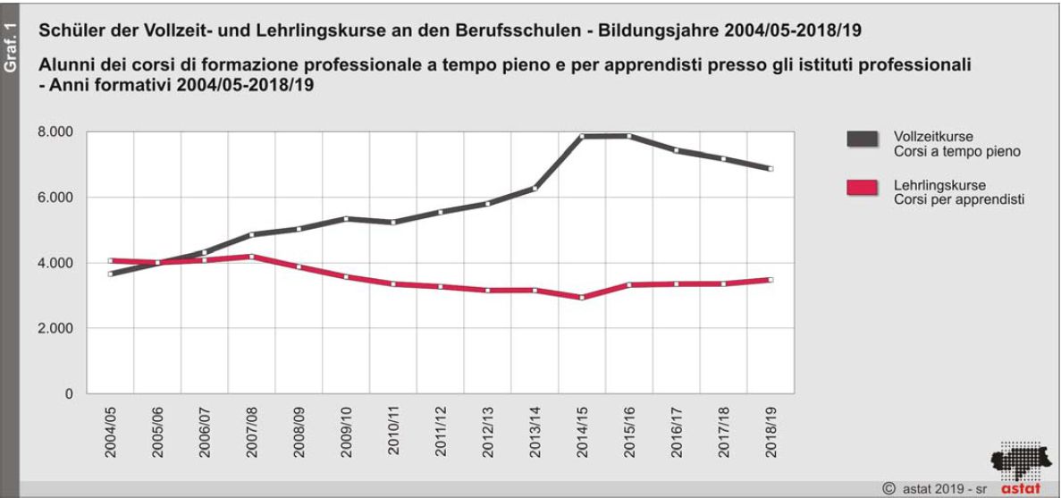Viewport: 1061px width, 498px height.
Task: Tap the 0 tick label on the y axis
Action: click(x=68, y=394)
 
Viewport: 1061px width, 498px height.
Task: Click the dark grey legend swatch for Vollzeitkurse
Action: click(x=862, y=139)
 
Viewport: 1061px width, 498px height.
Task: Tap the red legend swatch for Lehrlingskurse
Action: click(x=862, y=188)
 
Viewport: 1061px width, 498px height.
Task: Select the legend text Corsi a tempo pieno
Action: click(x=956, y=152)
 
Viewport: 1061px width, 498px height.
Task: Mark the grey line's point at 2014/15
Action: click(x=582, y=137)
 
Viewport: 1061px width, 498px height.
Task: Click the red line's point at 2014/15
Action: click(x=582, y=298)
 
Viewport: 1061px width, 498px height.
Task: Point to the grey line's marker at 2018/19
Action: click(x=770, y=168)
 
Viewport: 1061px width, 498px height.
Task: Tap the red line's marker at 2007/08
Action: click(x=252, y=257)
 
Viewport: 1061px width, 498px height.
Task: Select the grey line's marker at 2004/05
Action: click(x=111, y=274)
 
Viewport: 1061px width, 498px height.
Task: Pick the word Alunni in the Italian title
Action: click(x=61, y=66)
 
